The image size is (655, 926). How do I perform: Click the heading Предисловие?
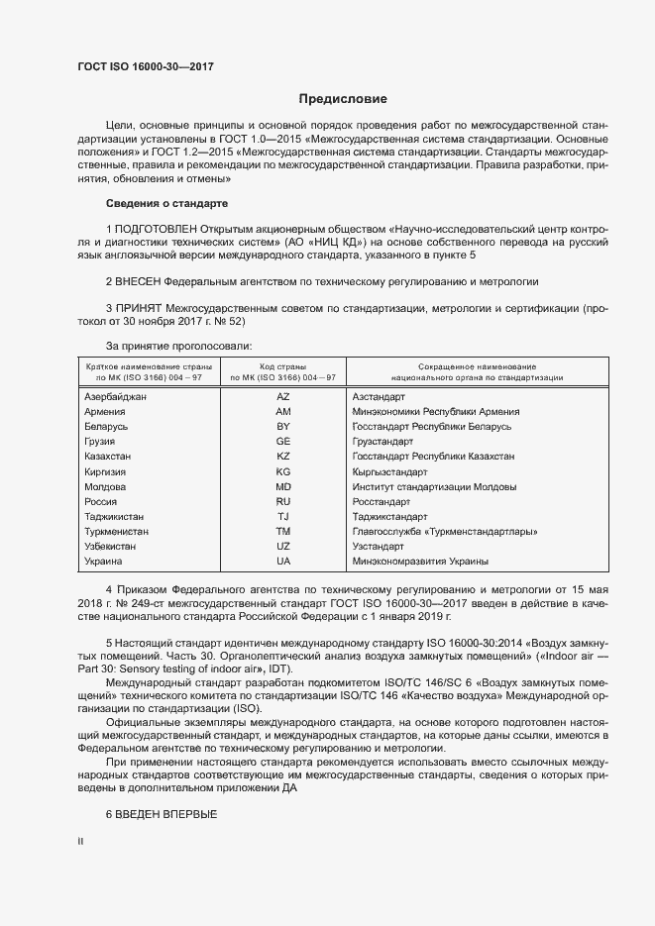(343, 99)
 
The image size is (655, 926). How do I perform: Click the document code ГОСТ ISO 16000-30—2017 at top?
(145, 67)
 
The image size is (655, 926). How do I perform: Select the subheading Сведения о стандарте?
(166, 203)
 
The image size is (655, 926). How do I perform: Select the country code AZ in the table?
(283, 396)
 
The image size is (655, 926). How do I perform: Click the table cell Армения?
(105, 411)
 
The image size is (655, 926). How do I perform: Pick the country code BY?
(283, 426)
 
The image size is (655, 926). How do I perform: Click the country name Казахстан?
(109, 457)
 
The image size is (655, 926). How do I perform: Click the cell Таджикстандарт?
(389, 517)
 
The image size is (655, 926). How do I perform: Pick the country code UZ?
(283, 547)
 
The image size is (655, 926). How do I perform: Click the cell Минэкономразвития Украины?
(415, 562)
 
